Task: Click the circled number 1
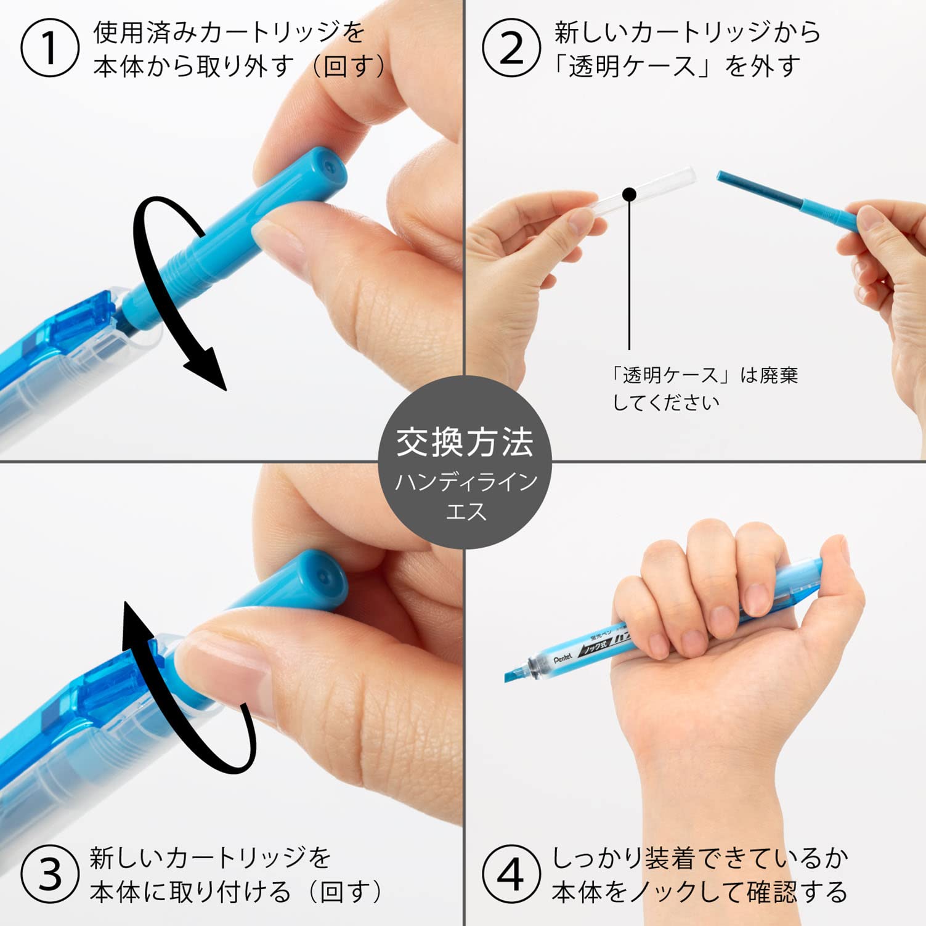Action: point(49,48)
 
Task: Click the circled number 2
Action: point(511,48)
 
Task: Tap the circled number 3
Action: point(49,874)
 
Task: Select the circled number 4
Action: point(511,874)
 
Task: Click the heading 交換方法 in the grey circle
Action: point(465,442)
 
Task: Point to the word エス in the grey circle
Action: point(466,511)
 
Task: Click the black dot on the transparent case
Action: point(629,195)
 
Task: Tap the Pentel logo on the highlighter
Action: point(563,659)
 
